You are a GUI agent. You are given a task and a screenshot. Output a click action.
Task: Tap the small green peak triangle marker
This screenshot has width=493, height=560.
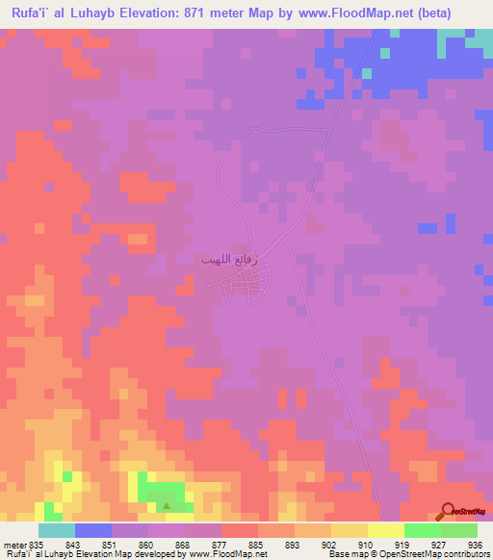[168, 505]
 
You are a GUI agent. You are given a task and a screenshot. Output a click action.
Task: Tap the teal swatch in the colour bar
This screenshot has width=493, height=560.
[57, 530]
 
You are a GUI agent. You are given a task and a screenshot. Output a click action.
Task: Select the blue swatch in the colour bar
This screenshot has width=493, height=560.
[93, 530]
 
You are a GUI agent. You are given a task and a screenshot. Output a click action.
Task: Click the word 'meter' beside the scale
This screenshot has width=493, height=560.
[14, 544]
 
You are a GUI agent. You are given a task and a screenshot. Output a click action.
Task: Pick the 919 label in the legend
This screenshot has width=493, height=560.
[402, 544]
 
